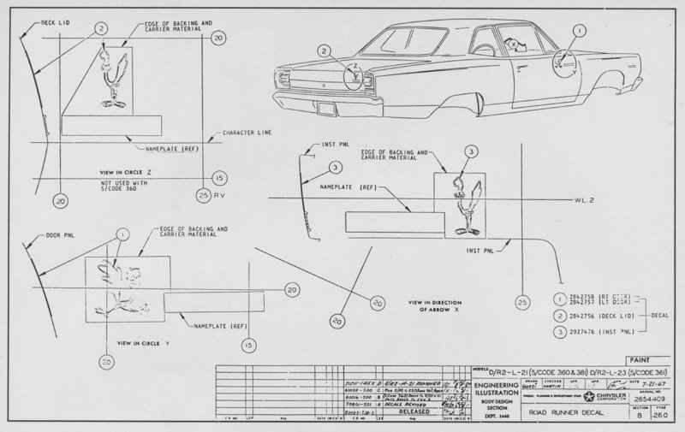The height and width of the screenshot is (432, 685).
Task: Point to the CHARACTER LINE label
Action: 248,133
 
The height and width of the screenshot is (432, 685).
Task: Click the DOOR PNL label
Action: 53,233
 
